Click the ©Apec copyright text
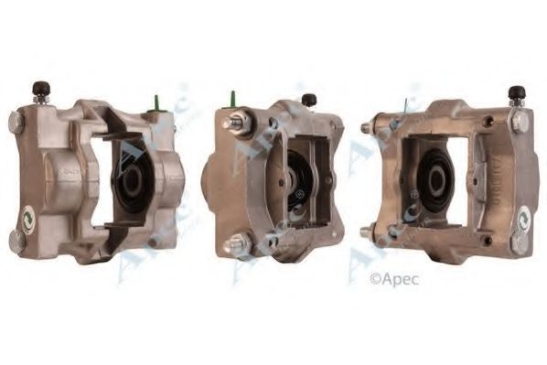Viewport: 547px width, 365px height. click(x=393, y=280)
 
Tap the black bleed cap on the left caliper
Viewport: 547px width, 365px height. click(x=40, y=90)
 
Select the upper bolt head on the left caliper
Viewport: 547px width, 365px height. click(x=16, y=122)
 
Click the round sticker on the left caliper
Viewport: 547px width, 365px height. click(x=28, y=218)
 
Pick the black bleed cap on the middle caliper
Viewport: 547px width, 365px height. click(x=309, y=100)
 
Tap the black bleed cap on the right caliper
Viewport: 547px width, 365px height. click(x=517, y=93)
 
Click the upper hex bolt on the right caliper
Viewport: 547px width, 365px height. click(x=520, y=122)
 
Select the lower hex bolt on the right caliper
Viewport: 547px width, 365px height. click(x=519, y=242)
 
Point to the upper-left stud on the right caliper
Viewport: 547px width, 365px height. click(x=368, y=129)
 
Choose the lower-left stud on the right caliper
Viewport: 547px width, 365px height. click(x=368, y=232)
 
